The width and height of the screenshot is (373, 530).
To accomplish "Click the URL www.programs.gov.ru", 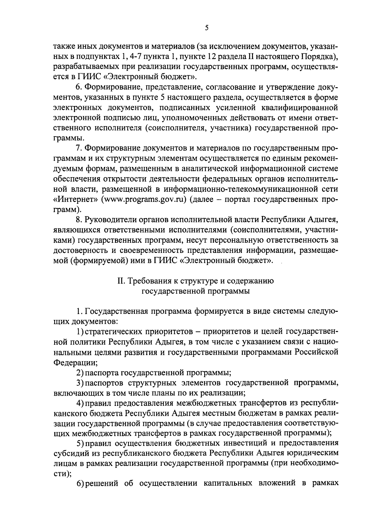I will click(x=143, y=200).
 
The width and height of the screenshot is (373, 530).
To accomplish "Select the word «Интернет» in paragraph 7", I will click(x=74, y=200).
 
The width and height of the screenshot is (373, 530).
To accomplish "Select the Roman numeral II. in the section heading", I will click(x=121, y=281).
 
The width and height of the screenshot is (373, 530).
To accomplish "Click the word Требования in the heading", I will click(x=150, y=281).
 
